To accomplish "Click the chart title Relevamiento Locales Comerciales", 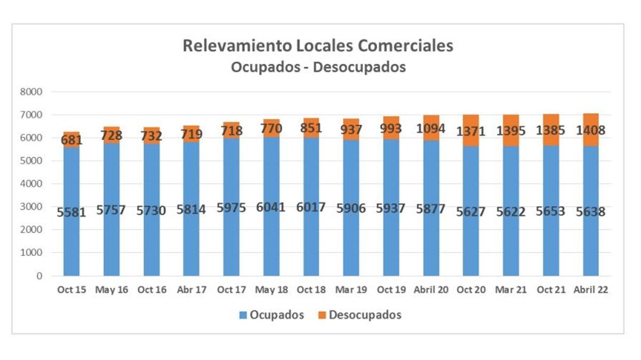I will [318, 45].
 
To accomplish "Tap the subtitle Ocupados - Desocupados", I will [318, 67].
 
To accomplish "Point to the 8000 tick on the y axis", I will [32, 92].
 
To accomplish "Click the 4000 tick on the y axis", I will [32, 184].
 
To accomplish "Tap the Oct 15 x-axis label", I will [72, 290].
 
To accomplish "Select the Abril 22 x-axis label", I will [591, 290].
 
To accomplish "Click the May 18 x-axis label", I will [271, 290].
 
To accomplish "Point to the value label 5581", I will [72, 212].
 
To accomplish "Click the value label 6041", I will [271, 207].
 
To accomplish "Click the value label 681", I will [72, 140].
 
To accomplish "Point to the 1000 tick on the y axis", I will [32, 253].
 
